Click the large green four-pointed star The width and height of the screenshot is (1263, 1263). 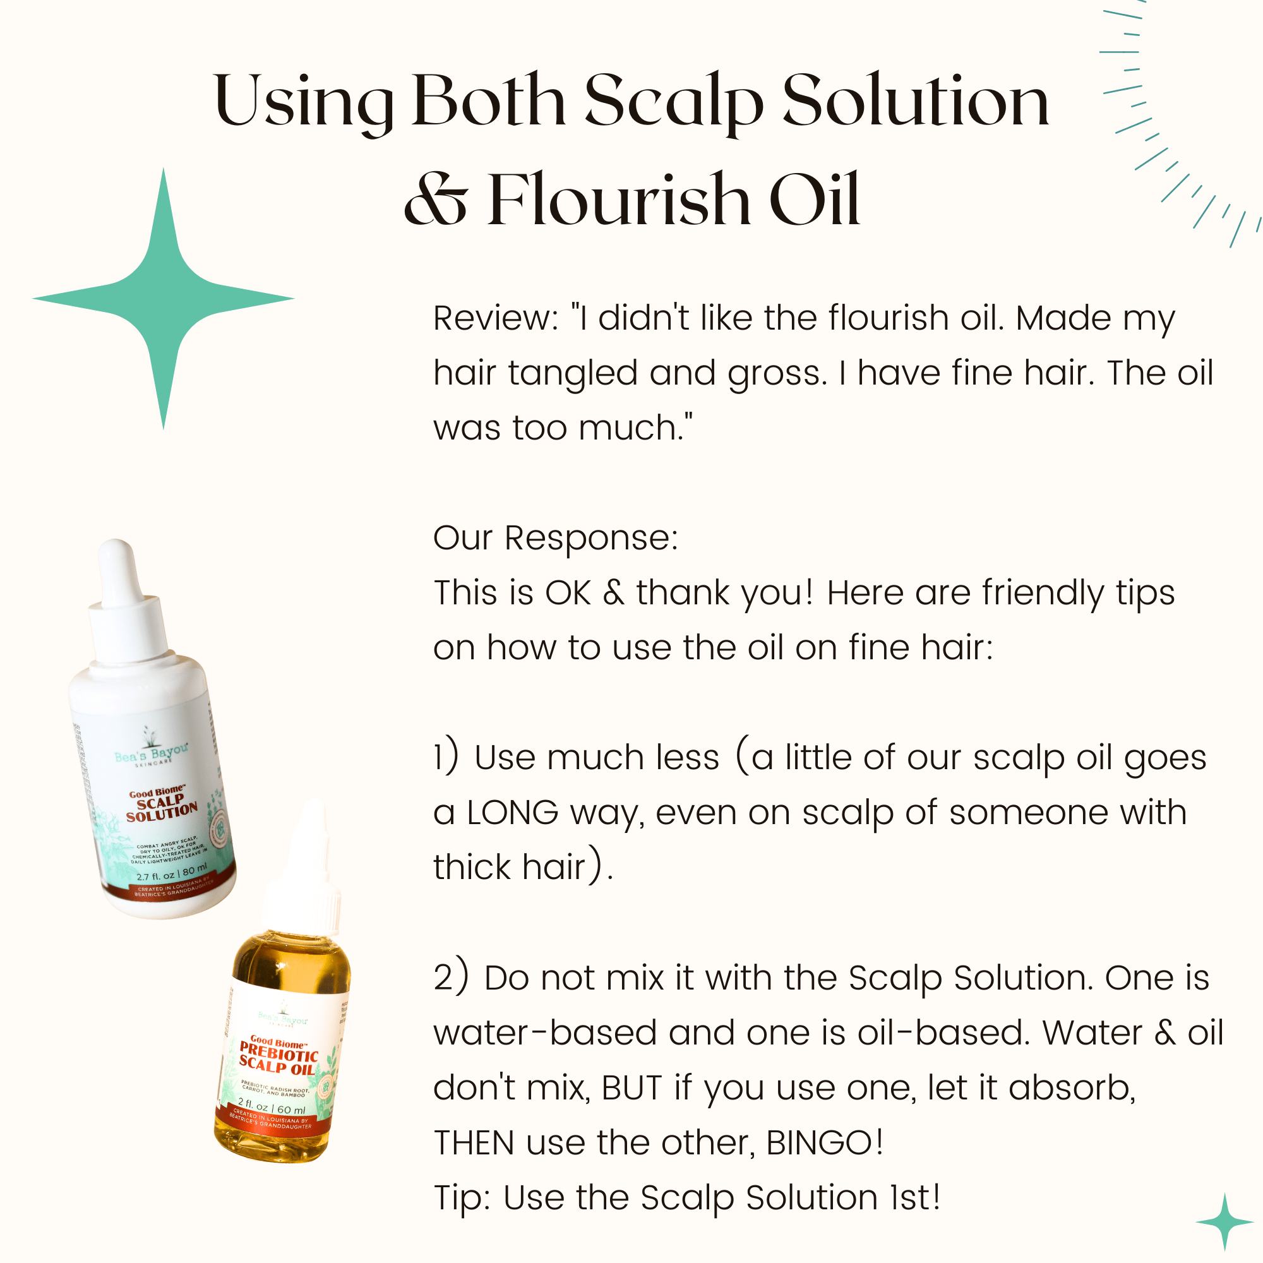pyautogui.click(x=164, y=299)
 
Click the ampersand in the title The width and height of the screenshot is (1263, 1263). pyautogui.click(x=436, y=200)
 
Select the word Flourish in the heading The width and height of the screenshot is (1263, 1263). pyautogui.click(x=618, y=199)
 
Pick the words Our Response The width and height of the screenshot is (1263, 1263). pyautogui.click(x=556, y=538)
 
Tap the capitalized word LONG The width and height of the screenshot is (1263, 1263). pyautogui.click(x=513, y=813)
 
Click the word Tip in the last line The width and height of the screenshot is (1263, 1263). pyautogui.click(x=462, y=1197)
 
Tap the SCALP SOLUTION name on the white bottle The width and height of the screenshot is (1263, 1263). pyautogui.click(x=161, y=805)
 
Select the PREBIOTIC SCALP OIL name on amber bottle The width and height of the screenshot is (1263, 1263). pyautogui.click(x=278, y=1058)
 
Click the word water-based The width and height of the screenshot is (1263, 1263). pyautogui.click(x=544, y=1033)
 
